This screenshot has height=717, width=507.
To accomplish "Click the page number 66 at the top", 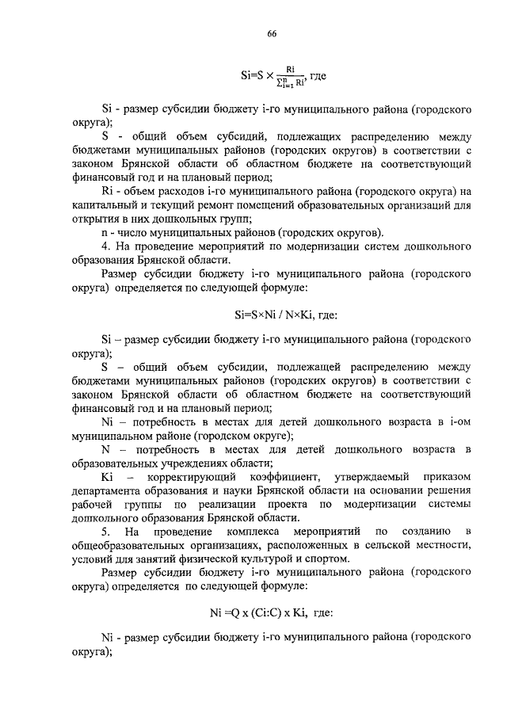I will pyautogui.click(x=270, y=32).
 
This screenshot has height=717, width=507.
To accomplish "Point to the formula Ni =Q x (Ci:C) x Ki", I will pyautogui.click(x=270, y=612).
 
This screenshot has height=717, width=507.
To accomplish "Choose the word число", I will pyautogui.click(x=131, y=232).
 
